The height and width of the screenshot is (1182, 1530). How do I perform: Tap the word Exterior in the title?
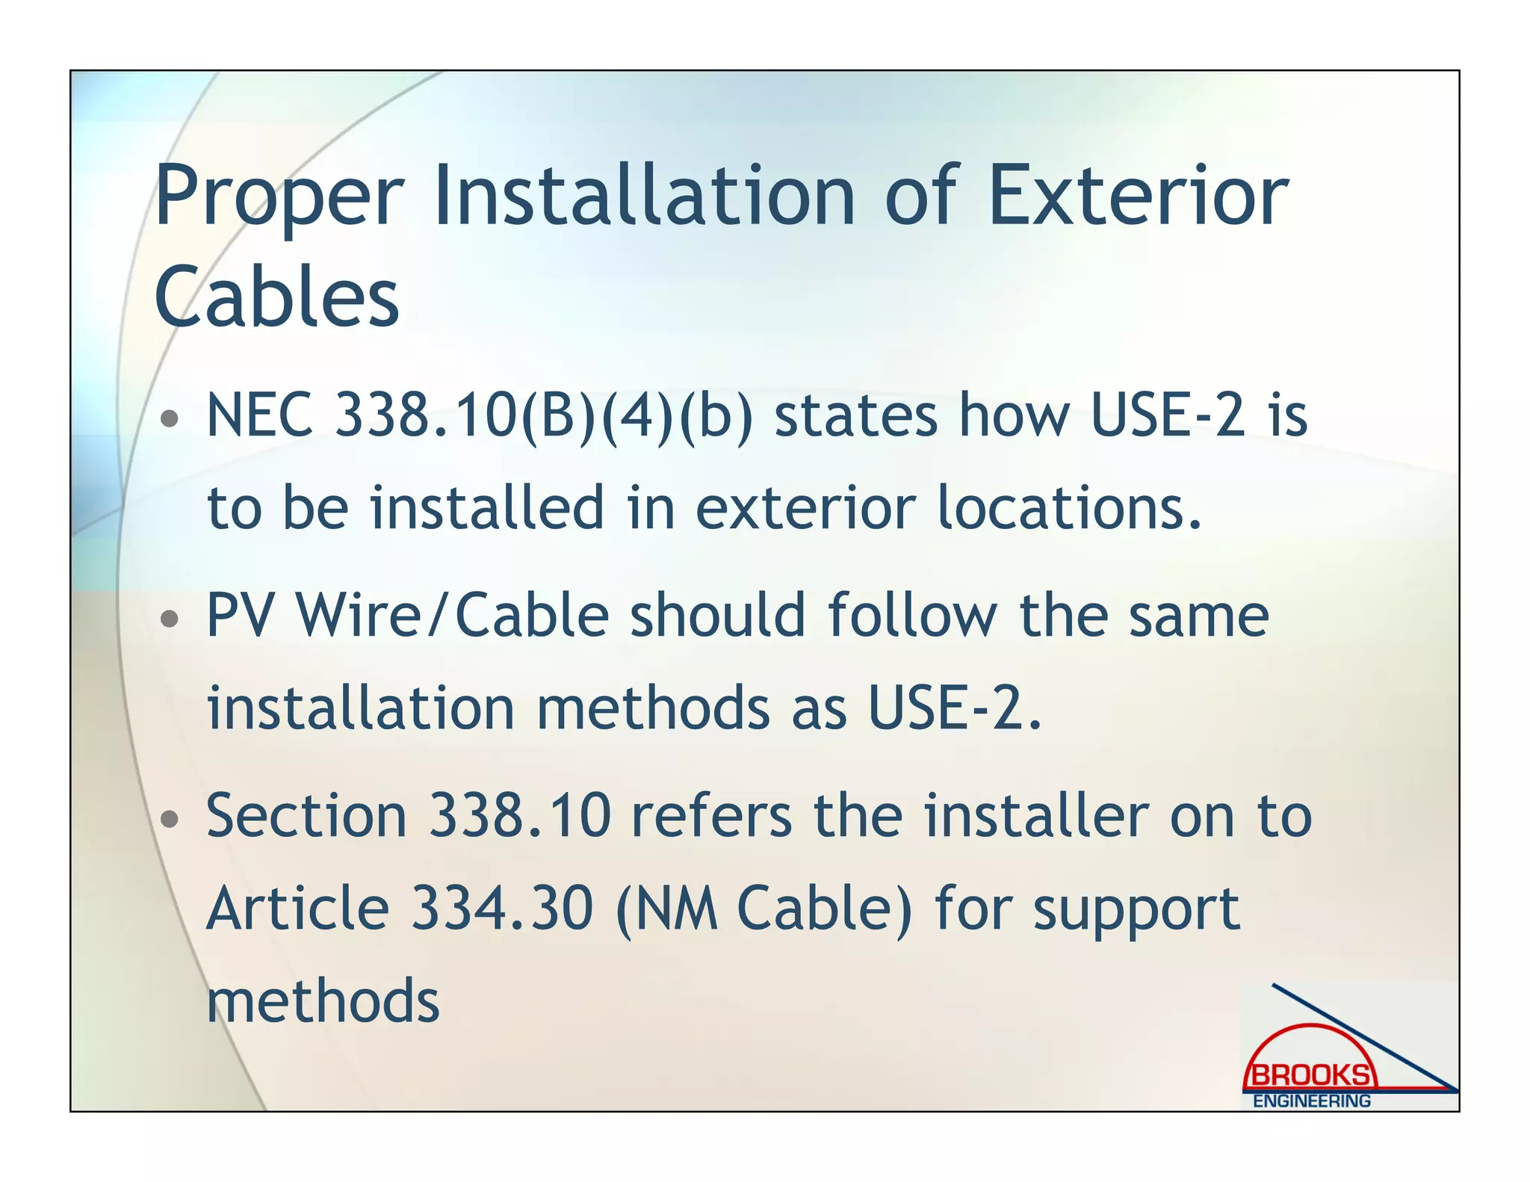[x=1139, y=196]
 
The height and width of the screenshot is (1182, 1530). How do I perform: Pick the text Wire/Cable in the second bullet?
[x=453, y=615]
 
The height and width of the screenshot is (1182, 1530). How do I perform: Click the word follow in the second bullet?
[x=912, y=615]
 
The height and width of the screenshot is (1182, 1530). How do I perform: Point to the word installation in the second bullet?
[x=361, y=708]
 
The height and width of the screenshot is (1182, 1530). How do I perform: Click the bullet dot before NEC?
[x=170, y=418]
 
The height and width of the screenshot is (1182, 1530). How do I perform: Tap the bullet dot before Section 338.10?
[x=170, y=819]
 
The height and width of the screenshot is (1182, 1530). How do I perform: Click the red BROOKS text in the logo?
[x=1310, y=1075]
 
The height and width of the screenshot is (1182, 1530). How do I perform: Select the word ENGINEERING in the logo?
[x=1312, y=1101]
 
